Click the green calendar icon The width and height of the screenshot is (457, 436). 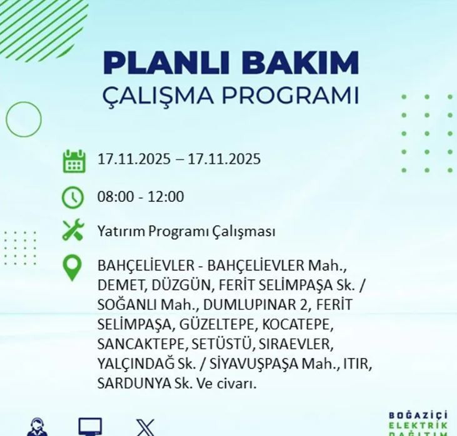[x=74, y=161]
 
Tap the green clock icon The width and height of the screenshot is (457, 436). [x=73, y=197]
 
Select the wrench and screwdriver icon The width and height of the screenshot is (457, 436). [x=73, y=231]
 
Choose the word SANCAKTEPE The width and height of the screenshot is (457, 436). [x=133, y=344]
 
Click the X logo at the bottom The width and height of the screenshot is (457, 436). [x=145, y=427]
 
